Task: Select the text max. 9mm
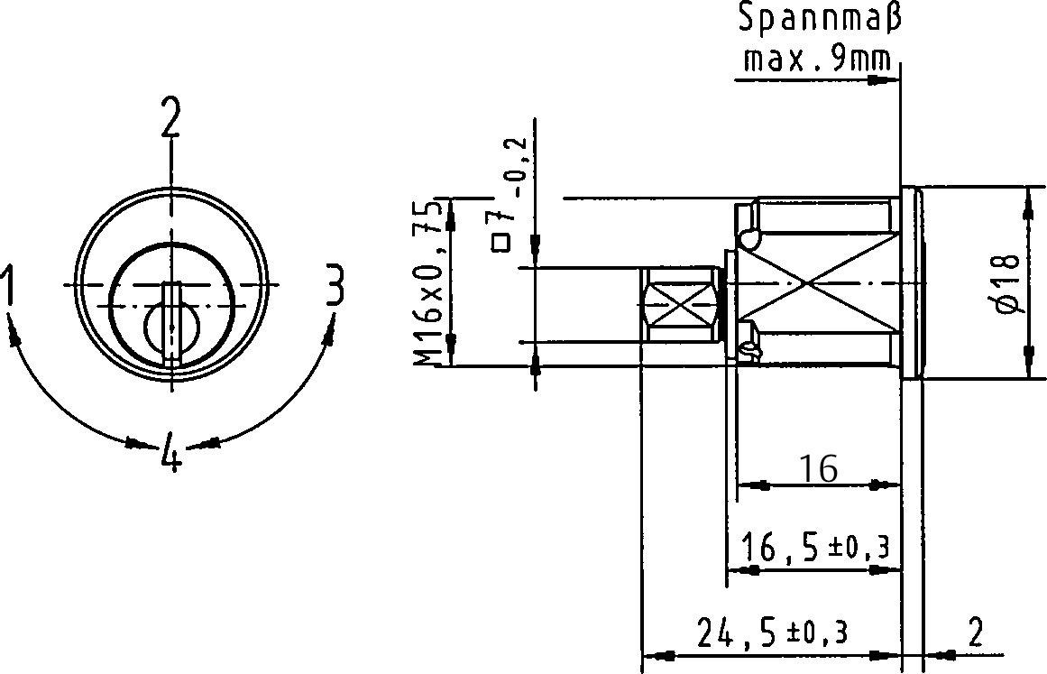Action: coord(816,60)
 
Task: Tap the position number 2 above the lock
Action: coord(170,118)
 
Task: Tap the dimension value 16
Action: coord(818,468)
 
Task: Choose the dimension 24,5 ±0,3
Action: coord(772,632)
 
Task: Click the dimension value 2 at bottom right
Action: coord(974,632)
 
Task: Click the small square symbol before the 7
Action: coord(503,242)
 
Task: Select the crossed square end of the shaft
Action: coord(682,305)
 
